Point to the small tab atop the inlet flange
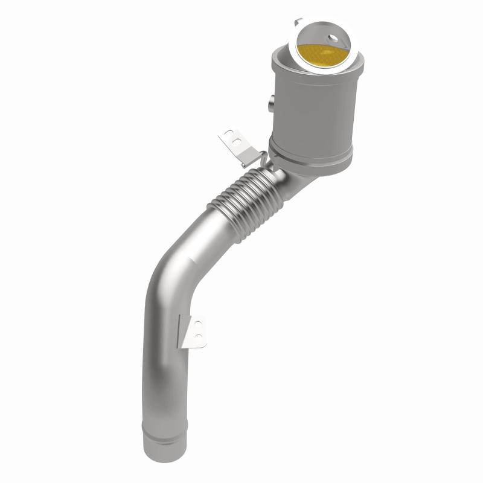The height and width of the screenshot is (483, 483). [298, 22]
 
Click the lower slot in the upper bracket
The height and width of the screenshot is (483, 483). [236, 144]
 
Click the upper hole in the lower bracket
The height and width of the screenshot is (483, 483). [199, 324]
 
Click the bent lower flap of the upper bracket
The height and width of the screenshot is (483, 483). [248, 159]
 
